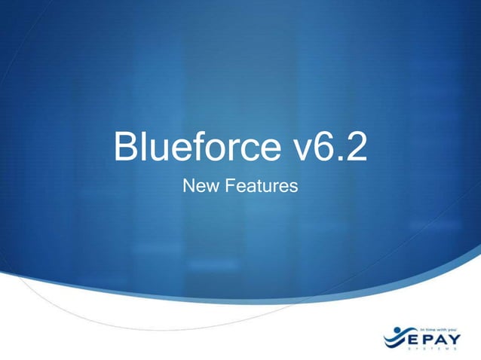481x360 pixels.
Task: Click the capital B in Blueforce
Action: point(125,148)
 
